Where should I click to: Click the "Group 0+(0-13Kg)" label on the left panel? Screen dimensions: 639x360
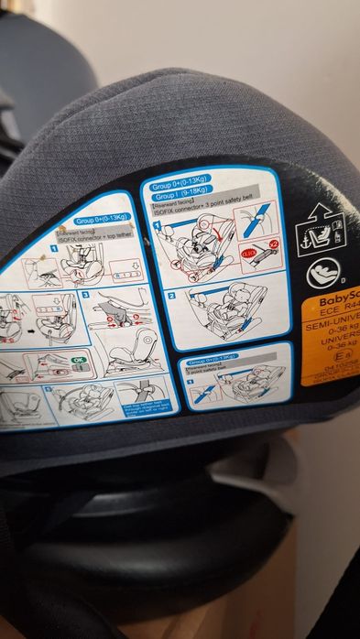coord(102,220)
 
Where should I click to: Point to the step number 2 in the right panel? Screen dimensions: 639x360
coord(171,296)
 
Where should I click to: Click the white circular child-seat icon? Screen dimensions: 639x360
coord(323,272)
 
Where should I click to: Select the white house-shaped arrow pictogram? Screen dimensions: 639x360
coord(321,229)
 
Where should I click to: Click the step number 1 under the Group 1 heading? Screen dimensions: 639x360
coord(158,224)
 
